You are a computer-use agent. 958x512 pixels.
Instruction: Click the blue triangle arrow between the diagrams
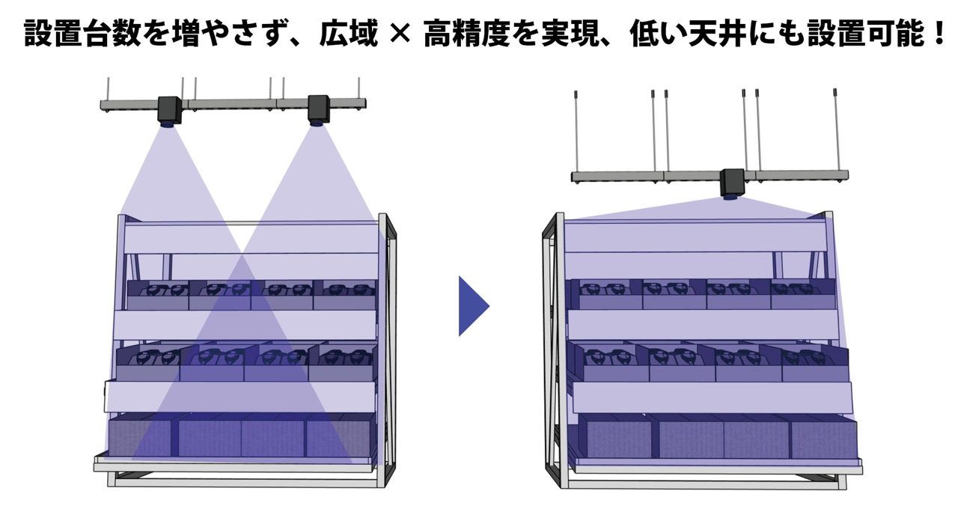tap(472, 306)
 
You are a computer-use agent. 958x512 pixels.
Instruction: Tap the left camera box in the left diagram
tap(170, 110)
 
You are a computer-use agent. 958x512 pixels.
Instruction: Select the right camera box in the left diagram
tap(319, 109)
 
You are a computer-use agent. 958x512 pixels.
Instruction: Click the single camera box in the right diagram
tap(733, 182)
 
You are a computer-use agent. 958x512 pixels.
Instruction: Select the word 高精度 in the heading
tap(466, 34)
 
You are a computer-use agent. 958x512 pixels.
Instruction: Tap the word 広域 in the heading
tap(349, 34)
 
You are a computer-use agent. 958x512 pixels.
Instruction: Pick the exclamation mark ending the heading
tap(939, 34)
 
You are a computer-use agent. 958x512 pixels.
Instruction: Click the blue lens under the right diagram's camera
tap(732, 197)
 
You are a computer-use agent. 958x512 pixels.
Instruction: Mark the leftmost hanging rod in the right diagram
tap(577, 132)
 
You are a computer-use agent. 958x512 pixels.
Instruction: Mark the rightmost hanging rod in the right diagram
tap(836, 130)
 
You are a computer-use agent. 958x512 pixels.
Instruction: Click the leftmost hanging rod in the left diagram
tap(109, 89)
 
